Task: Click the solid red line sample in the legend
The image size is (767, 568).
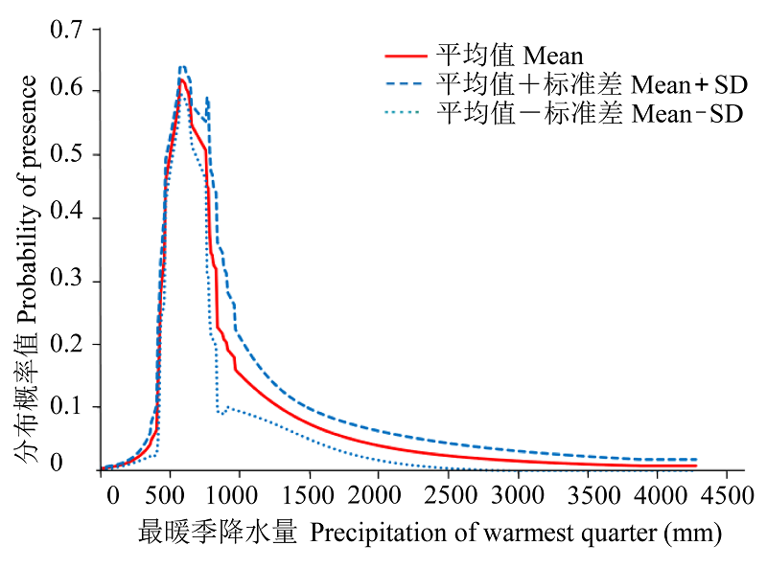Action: (404, 56)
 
